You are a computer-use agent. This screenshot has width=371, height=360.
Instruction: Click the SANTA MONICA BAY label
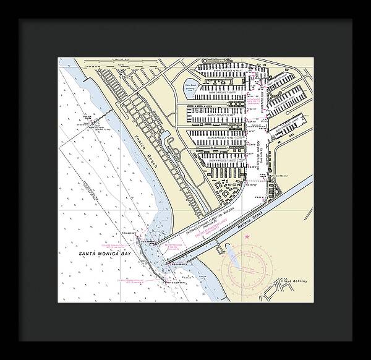click(100, 254)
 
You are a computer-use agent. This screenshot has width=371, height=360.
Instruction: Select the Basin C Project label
click(220, 115)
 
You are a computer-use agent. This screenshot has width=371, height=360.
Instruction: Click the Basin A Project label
click(220, 160)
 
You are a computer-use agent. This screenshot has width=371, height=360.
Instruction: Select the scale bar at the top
click(117, 64)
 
